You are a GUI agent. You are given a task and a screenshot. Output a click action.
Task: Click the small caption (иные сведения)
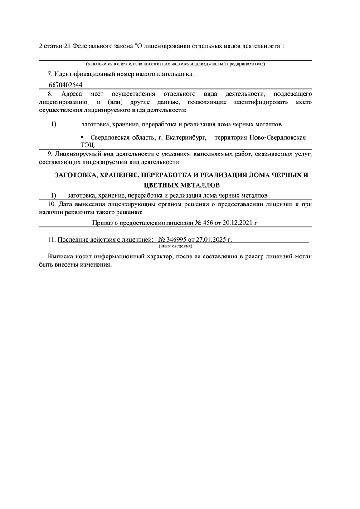175,246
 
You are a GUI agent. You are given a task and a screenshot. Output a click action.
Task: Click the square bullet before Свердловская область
82,136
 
